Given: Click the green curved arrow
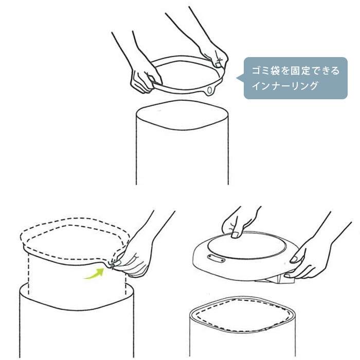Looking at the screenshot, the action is (x=95, y=274).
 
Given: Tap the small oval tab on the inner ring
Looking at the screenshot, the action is (x=210, y=90).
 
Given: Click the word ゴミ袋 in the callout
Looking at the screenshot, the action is (x=266, y=70).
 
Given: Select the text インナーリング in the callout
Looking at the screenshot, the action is (x=285, y=86).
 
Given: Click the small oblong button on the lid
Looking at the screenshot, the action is (x=216, y=258).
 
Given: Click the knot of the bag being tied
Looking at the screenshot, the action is (x=112, y=265).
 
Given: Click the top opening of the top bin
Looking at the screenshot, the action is (x=182, y=115).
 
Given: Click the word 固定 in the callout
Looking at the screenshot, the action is (x=300, y=70).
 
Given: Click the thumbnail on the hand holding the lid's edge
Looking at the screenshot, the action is (x=294, y=259).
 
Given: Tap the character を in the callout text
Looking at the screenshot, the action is (x=285, y=70).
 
